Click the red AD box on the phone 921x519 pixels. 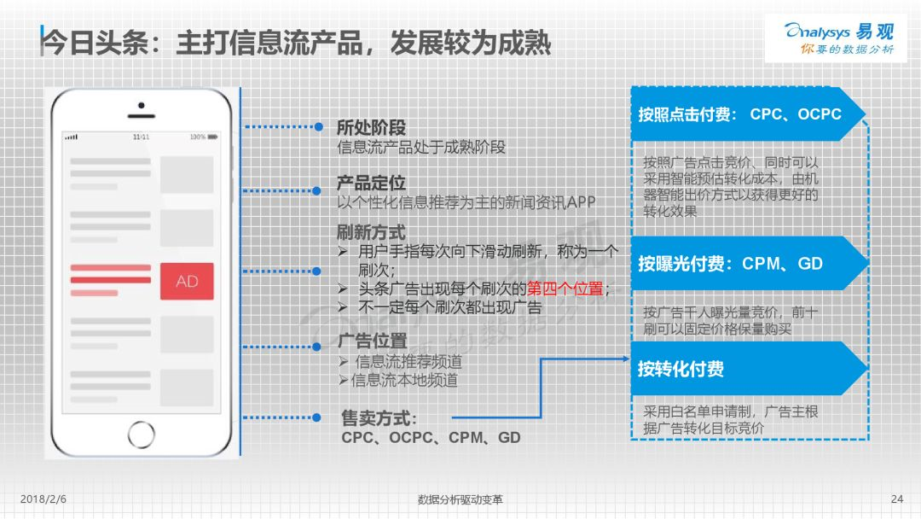[187, 281]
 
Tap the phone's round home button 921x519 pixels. [141, 434]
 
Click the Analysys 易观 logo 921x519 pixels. [839, 38]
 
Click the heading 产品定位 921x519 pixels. [371, 183]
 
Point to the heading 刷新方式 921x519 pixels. [371, 232]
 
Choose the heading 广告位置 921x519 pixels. [373, 341]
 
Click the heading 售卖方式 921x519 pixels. [379, 418]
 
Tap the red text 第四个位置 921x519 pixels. [565, 289]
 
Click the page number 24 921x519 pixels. [897, 499]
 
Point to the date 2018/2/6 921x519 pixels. [43, 499]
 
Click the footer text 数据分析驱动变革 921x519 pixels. [460, 499]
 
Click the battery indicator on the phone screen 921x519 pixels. [212, 137]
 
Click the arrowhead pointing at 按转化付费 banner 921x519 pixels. [626, 359]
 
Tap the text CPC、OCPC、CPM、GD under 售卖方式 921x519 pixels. [431, 438]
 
